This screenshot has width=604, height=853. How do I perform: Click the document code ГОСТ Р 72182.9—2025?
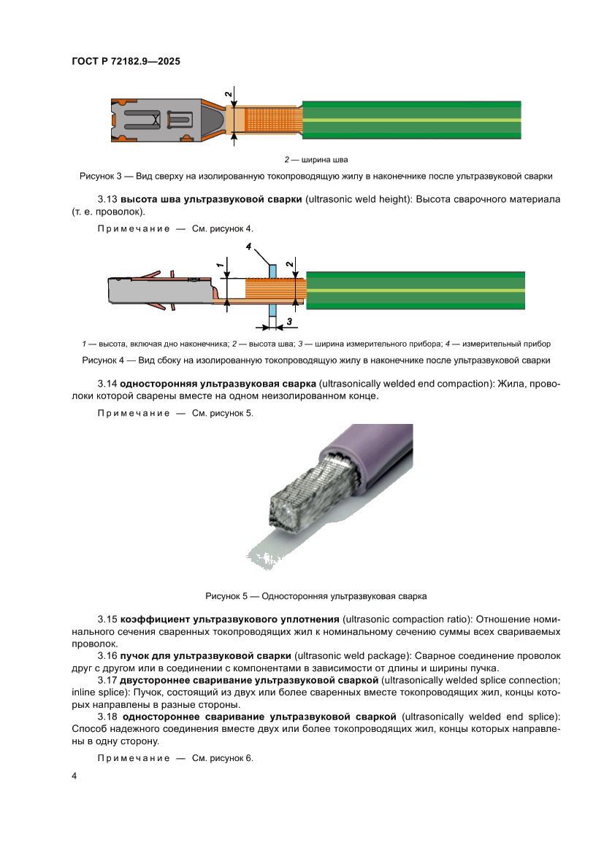(x=126, y=62)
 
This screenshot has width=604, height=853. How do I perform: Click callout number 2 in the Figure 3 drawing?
(x=228, y=95)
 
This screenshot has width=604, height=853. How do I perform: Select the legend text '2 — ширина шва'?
(x=316, y=159)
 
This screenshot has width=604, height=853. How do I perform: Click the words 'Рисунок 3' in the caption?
(x=99, y=176)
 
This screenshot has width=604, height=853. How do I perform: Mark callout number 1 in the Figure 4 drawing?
(x=219, y=266)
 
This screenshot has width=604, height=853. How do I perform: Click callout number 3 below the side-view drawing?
(x=289, y=321)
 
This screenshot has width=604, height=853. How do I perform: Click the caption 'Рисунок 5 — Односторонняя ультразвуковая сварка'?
(x=316, y=596)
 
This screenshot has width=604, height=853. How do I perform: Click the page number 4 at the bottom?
(x=74, y=776)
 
